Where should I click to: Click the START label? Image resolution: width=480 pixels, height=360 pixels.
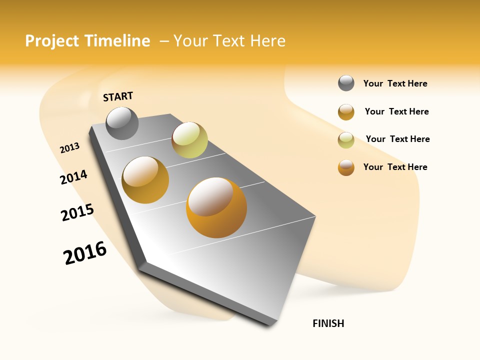(x=118, y=96)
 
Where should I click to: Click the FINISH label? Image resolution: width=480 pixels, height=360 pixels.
(x=328, y=323)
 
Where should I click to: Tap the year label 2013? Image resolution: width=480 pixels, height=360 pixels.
(x=70, y=148)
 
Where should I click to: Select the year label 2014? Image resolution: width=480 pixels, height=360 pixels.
(x=74, y=177)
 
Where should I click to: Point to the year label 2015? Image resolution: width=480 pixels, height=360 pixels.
(x=77, y=212)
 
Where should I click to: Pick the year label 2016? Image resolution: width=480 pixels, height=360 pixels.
(x=85, y=253)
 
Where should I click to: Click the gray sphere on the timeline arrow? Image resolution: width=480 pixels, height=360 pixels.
(x=122, y=123)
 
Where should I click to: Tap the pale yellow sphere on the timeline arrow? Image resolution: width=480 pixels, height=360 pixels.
(x=189, y=140)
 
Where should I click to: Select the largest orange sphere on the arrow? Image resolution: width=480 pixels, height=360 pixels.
(x=216, y=207)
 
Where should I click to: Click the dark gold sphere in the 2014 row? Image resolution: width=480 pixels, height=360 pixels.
(x=145, y=179)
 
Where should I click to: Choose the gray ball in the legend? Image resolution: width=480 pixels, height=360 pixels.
(x=346, y=83)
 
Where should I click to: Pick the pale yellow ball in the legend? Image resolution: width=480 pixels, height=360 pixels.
(x=346, y=140)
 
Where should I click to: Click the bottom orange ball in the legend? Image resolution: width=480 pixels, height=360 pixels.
(x=346, y=167)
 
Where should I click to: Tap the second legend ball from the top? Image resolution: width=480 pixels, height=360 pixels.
(x=346, y=112)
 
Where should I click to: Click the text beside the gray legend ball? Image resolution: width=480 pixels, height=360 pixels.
(x=395, y=84)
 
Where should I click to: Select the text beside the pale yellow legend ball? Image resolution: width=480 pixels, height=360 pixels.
(x=397, y=139)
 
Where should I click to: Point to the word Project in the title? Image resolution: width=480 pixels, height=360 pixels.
(x=52, y=41)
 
